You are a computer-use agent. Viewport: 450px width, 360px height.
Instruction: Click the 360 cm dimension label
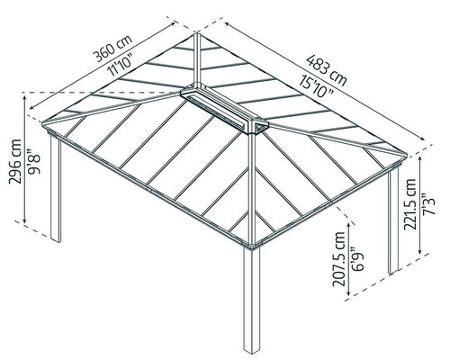(112, 49)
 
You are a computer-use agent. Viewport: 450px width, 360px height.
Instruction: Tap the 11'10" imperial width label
(121, 67)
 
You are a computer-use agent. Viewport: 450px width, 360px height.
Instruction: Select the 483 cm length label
(327, 70)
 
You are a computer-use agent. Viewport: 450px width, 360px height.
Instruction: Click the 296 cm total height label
(15, 161)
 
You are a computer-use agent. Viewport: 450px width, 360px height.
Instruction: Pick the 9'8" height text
(33, 161)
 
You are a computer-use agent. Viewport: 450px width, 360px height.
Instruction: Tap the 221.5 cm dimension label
(409, 204)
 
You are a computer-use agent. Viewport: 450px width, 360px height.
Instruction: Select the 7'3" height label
(428, 204)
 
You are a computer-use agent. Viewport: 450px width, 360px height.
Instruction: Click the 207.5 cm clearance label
(339, 259)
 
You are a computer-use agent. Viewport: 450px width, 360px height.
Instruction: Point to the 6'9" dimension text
(357, 259)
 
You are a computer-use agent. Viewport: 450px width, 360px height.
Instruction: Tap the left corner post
(56, 188)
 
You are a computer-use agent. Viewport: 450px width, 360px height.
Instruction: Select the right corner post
(393, 222)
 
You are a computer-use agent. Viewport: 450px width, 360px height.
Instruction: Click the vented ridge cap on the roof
(224, 109)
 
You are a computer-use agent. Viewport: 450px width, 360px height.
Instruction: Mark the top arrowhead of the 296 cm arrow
(24, 96)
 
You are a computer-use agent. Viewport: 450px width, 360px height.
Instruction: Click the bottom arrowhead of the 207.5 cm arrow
(349, 293)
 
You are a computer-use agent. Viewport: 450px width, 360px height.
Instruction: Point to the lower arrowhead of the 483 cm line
(421, 139)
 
